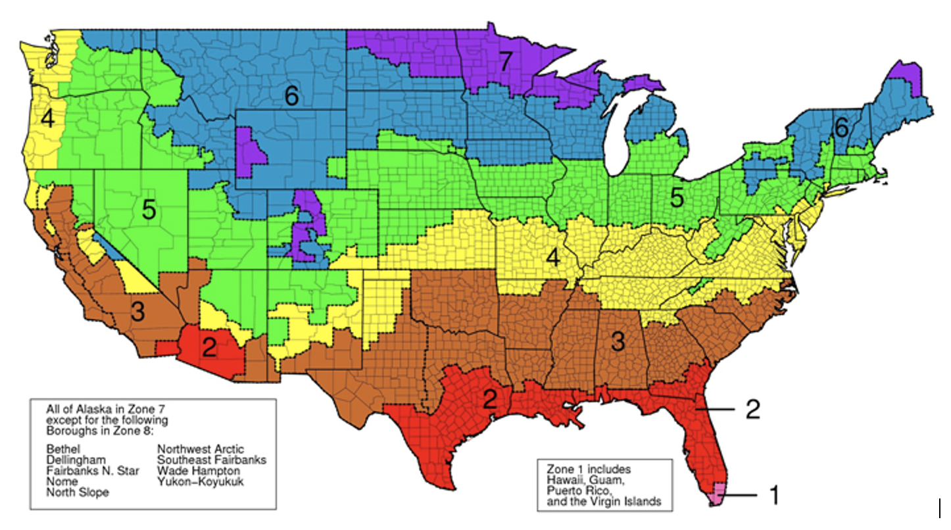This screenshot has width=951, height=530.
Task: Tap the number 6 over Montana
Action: [x=291, y=96]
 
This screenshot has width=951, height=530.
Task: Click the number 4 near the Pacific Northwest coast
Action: [x=47, y=119]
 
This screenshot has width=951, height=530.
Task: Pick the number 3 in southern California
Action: [x=137, y=312]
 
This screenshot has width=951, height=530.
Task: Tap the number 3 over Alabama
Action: [x=617, y=341]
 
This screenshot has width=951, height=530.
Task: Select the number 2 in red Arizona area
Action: [x=209, y=347]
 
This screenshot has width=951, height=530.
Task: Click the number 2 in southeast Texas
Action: [x=489, y=400]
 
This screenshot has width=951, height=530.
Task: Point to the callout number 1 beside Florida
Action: [x=774, y=495]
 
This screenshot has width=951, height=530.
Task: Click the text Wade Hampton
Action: [x=198, y=471]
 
